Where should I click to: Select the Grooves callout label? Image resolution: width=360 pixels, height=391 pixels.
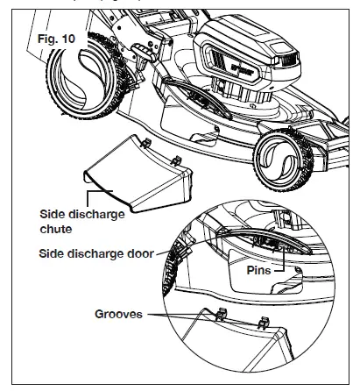pyautogui.click(x=118, y=312)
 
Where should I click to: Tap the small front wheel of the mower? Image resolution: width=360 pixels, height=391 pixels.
pyautogui.click(x=279, y=164)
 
